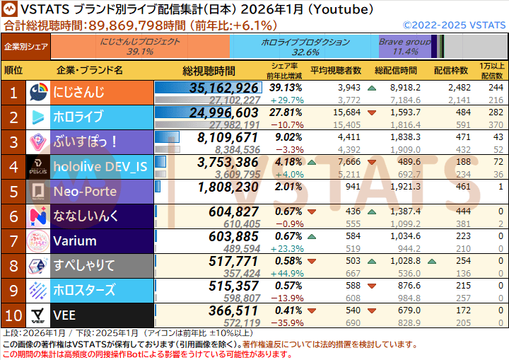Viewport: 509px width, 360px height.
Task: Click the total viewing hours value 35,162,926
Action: pyautogui.click(x=224, y=88)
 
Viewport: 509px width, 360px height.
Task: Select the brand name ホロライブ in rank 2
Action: pyautogui.click(x=78, y=117)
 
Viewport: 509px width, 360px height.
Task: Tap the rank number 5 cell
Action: pyautogui.click(x=13, y=192)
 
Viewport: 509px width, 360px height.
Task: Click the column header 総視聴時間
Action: pyautogui.click(x=209, y=71)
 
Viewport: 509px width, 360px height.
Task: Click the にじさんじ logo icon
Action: pyautogui.click(x=39, y=93)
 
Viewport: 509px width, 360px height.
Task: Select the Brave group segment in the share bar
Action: pyautogui.click(x=405, y=47)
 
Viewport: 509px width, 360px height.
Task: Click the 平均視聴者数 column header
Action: pyautogui.click(x=336, y=71)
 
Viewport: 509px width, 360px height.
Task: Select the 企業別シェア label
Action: pyautogui.click(x=26, y=47)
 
